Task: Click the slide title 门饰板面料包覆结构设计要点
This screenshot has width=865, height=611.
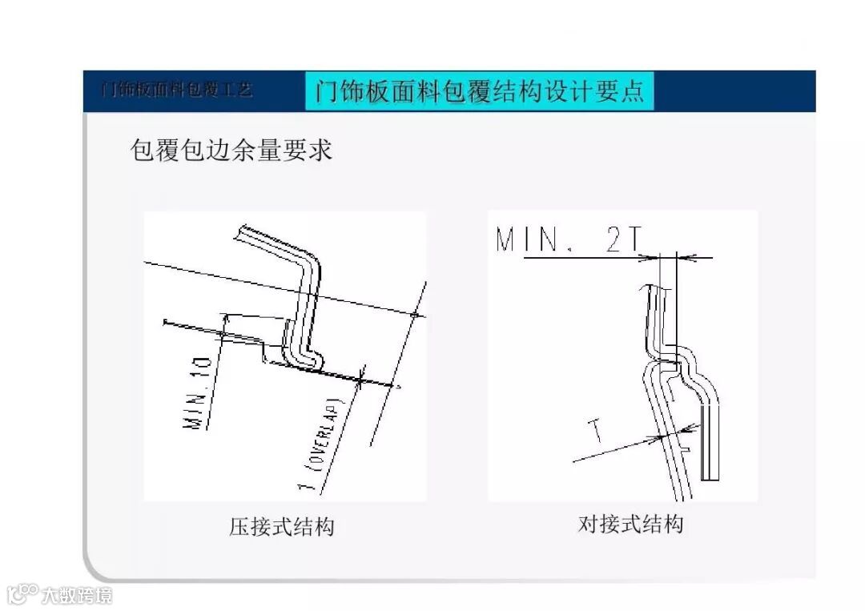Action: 480,90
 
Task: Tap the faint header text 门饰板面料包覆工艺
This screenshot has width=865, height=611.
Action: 177,89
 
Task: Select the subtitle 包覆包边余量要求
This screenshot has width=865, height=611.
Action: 231,151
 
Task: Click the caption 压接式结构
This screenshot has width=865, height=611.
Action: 281,527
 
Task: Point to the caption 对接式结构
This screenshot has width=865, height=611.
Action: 630,525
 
